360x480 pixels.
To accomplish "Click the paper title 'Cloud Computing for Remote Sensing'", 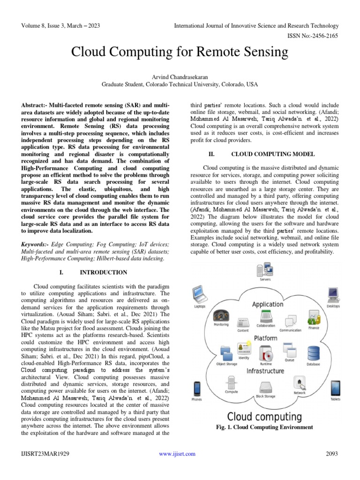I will (x=180, y=52).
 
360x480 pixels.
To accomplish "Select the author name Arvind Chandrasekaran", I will (x=180, y=76).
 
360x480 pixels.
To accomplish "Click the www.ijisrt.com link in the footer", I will (x=177, y=454).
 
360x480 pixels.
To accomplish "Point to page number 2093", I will (x=331, y=454).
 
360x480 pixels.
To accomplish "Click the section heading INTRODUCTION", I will (x=103, y=272).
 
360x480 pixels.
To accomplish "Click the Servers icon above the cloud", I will (x=265, y=270).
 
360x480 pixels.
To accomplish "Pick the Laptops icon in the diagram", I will (x=200, y=294).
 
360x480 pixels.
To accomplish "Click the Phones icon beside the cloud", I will (x=197, y=389).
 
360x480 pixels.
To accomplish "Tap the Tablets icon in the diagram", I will (x=336, y=389).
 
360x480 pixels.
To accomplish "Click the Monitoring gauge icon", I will (x=221, y=315).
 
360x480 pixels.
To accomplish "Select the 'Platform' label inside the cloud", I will (x=265, y=337).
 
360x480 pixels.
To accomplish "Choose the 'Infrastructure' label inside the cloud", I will (x=265, y=371).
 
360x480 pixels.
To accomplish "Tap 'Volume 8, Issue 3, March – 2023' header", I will (x=60, y=26).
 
